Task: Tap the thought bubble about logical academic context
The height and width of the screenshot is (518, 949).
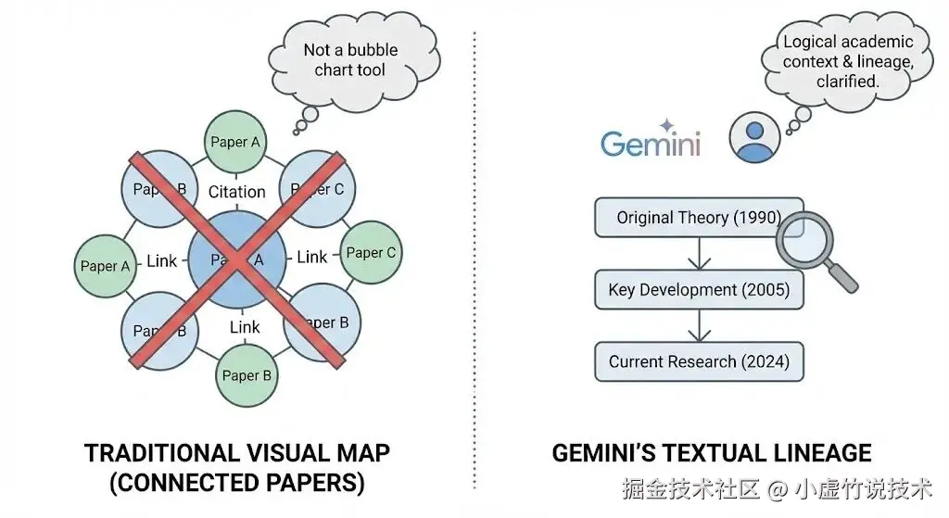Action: [x=847, y=61]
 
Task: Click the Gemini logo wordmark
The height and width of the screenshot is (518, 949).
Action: [x=650, y=144]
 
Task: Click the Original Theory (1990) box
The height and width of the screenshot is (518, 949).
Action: [x=699, y=219]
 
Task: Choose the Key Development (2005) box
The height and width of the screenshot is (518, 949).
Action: [x=699, y=290]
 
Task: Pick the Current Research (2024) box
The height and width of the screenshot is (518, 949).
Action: [x=699, y=361]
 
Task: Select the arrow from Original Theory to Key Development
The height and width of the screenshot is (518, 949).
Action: [x=699, y=254]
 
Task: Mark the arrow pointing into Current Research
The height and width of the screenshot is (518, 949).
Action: [x=699, y=325]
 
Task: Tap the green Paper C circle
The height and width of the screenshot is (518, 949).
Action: [x=371, y=252]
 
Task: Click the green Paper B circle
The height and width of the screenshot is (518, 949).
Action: [x=247, y=375]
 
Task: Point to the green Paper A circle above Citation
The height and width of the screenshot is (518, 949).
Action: [x=235, y=142]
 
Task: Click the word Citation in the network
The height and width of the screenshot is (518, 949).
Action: [x=236, y=192]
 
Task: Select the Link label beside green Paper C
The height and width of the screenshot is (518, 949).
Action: [x=312, y=257]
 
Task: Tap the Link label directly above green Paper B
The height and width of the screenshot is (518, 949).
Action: [x=245, y=327]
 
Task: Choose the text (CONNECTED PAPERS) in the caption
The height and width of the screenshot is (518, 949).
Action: [x=236, y=484]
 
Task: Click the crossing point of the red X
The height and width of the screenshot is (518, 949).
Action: [x=237, y=260]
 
